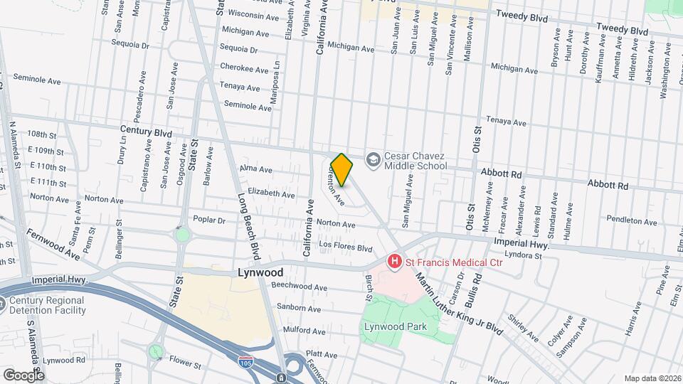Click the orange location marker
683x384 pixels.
[x=342, y=170]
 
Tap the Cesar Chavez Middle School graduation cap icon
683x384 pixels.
[x=372, y=160]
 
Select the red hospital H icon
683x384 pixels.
[x=394, y=262]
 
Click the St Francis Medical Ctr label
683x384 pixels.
[x=454, y=262]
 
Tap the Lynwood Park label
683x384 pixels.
[x=394, y=326]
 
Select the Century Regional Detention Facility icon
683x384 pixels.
[x=14, y=305]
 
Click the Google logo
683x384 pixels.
[x=23, y=374]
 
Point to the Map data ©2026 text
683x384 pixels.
[x=652, y=378]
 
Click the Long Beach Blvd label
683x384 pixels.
[x=249, y=226]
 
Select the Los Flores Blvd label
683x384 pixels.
[x=345, y=248]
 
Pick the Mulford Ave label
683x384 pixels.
[x=304, y=331]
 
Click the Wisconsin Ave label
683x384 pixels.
[x=254, y=16]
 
